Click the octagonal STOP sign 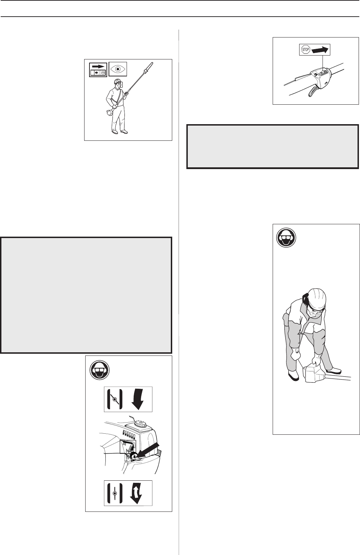306,50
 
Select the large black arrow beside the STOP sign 320,50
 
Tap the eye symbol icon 118,69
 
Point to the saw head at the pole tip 149,67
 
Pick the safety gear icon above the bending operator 286,237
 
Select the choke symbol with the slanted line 115,399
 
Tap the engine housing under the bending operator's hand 314,374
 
